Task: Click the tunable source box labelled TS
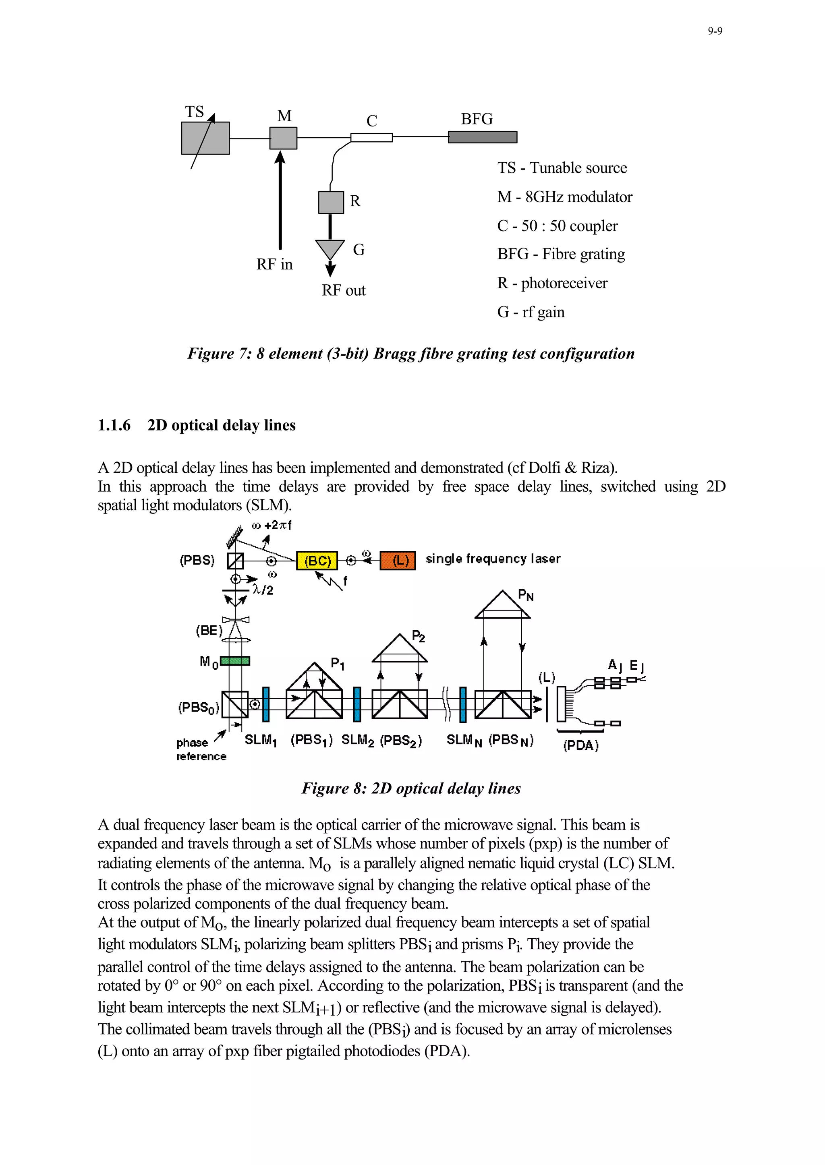(x=205, y=138)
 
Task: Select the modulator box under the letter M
(x=283, y=138)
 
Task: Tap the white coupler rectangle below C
(x=371, y=137)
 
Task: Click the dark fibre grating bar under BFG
(x=482, y=137)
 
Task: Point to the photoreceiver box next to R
(x=331, y=202)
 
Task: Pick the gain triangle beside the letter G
(x=330, y=248)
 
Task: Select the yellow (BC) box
(x=317, y=560)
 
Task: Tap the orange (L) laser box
(x=398, y=560)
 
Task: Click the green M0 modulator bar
(x=235, y=661)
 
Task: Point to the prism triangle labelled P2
(x=400, y=649)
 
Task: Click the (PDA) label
(x=580, y=745)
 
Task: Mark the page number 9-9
(x=715, y=31)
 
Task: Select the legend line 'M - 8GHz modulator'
(x=564, y=197)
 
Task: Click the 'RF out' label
(x=343, y=290)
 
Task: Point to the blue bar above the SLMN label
(x=463, y=704)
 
